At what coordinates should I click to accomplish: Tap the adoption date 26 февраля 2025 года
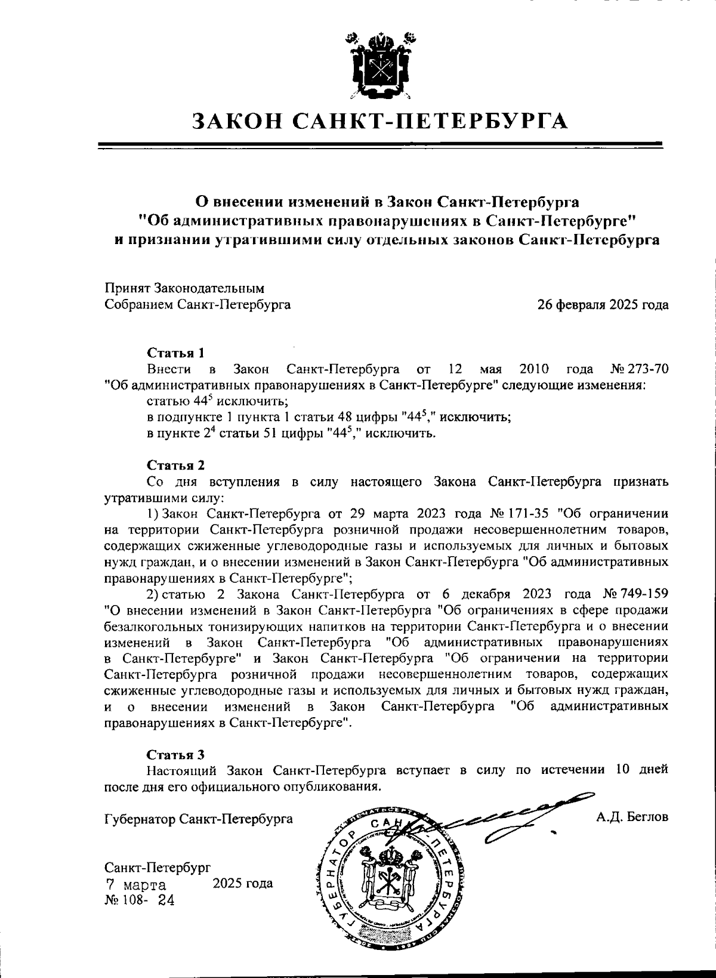pyautogui.click(x=603, y=305)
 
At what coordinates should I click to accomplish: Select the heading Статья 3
pyautogui.click(x=176, y=754)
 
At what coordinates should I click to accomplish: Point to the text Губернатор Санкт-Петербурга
pyautogui.click(x=198, y=819)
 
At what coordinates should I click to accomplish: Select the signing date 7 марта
pyautogui.click(x=136, y=884)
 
